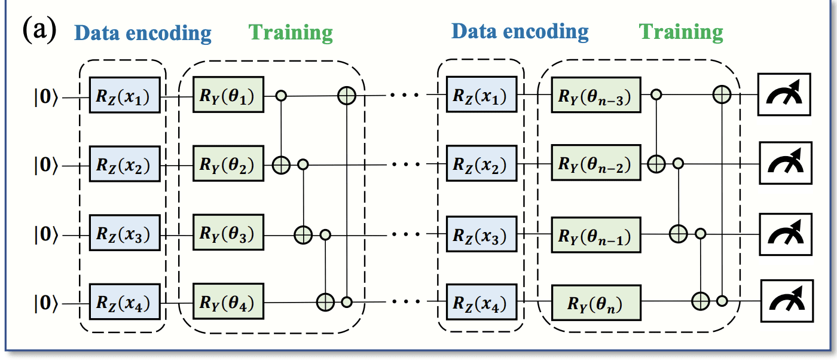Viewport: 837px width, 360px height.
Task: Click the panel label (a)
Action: point(39,29)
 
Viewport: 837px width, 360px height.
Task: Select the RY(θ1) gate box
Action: point(228,94)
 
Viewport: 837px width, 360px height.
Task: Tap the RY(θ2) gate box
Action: point(228,164)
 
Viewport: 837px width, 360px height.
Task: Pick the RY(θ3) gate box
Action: point(228,235)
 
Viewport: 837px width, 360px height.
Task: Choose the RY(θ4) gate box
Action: point(228,304)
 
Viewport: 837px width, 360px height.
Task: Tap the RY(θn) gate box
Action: point(595,304)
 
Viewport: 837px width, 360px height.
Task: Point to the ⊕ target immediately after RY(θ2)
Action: point(282,164)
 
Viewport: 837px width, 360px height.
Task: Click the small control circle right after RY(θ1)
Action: point(282,94)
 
